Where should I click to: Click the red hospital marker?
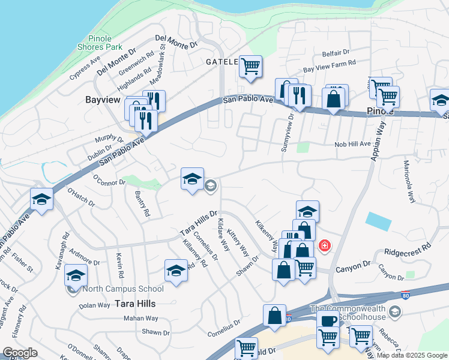(325, 245)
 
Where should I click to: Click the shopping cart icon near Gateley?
(250, 67)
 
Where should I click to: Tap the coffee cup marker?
(329, 320)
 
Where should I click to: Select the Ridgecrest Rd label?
(408, 247)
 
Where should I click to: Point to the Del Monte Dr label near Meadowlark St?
(176, 41)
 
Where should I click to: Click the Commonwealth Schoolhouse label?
(347, 313)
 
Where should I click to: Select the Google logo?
(20, 353)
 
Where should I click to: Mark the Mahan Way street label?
(141, 319)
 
